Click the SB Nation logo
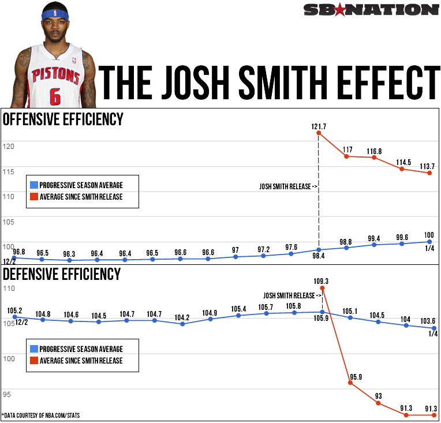(x=371, y=9)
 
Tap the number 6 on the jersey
(x=55, y=96)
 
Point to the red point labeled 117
(x=346, y=156)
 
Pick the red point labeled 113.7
(x=429, y=173)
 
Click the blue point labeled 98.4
(x=319, y=249)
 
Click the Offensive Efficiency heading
(x=63, y=119)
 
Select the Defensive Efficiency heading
(x=62, y=274)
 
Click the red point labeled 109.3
(x=322, y=288)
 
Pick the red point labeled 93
(x=378, y=403)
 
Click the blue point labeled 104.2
(x=182, y=324)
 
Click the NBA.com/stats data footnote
(x=43, y=415)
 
